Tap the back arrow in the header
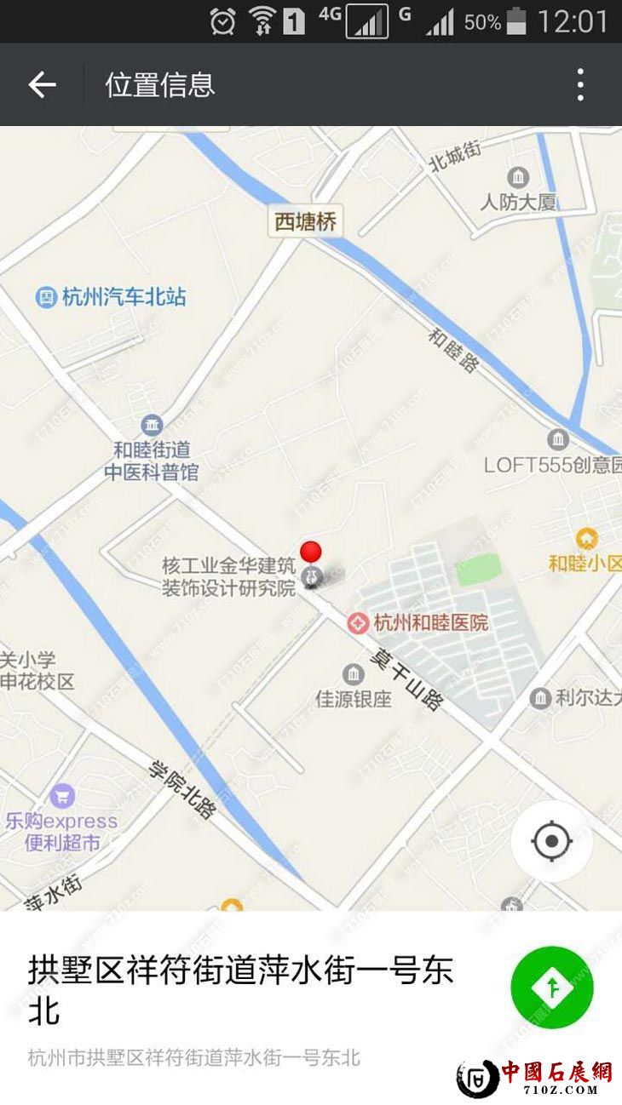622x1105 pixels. coord(42,84)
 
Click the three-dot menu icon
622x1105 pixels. coord(580,84)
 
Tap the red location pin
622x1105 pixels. coord(311,552)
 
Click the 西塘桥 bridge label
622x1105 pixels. coord(306,222)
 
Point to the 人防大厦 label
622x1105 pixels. coord(518,202)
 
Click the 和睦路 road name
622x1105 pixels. coord(453,350)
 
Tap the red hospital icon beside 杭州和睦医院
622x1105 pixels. coord(359,623)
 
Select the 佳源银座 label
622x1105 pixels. coord(354,699)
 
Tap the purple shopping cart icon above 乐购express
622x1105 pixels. coord(60,797)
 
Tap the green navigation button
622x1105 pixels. coord(552,988)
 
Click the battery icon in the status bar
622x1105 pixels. coord(516,21)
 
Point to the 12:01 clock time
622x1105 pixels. coord(573,21)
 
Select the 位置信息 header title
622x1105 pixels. coord(160,84)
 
